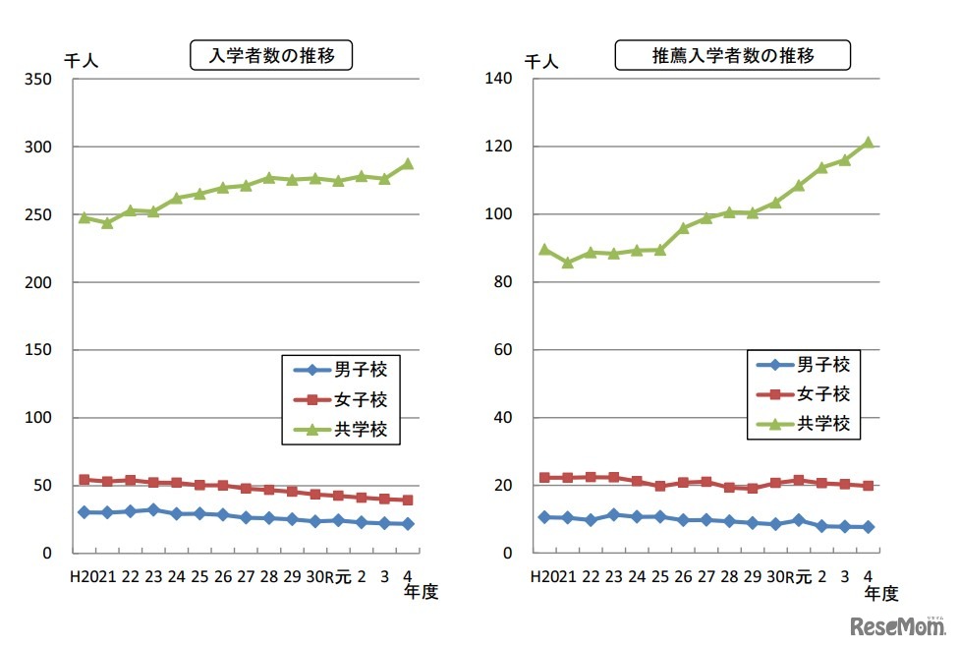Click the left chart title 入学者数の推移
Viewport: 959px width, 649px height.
270,56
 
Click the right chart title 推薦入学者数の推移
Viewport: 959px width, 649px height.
733,56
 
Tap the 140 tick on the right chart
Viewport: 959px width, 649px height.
501,80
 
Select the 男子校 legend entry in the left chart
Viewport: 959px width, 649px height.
340,371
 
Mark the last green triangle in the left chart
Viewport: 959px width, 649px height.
407,164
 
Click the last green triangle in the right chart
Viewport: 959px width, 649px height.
868,143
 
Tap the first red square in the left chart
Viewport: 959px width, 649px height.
84,480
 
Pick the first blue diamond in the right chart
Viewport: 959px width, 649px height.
544,516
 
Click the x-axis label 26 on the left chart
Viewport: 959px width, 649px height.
223,577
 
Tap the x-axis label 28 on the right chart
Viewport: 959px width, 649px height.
729,577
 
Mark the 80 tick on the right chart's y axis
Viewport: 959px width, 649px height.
505,282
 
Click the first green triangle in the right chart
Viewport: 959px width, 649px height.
544,250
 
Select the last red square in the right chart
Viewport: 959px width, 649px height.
868,486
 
